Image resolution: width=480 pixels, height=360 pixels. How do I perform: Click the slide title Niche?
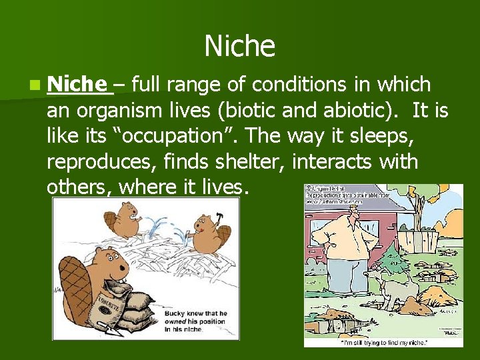coord(239,46)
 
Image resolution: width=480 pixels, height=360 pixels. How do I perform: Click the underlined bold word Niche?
coord(77,85)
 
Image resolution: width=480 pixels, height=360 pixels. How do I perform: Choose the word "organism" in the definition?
coord(124,110)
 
